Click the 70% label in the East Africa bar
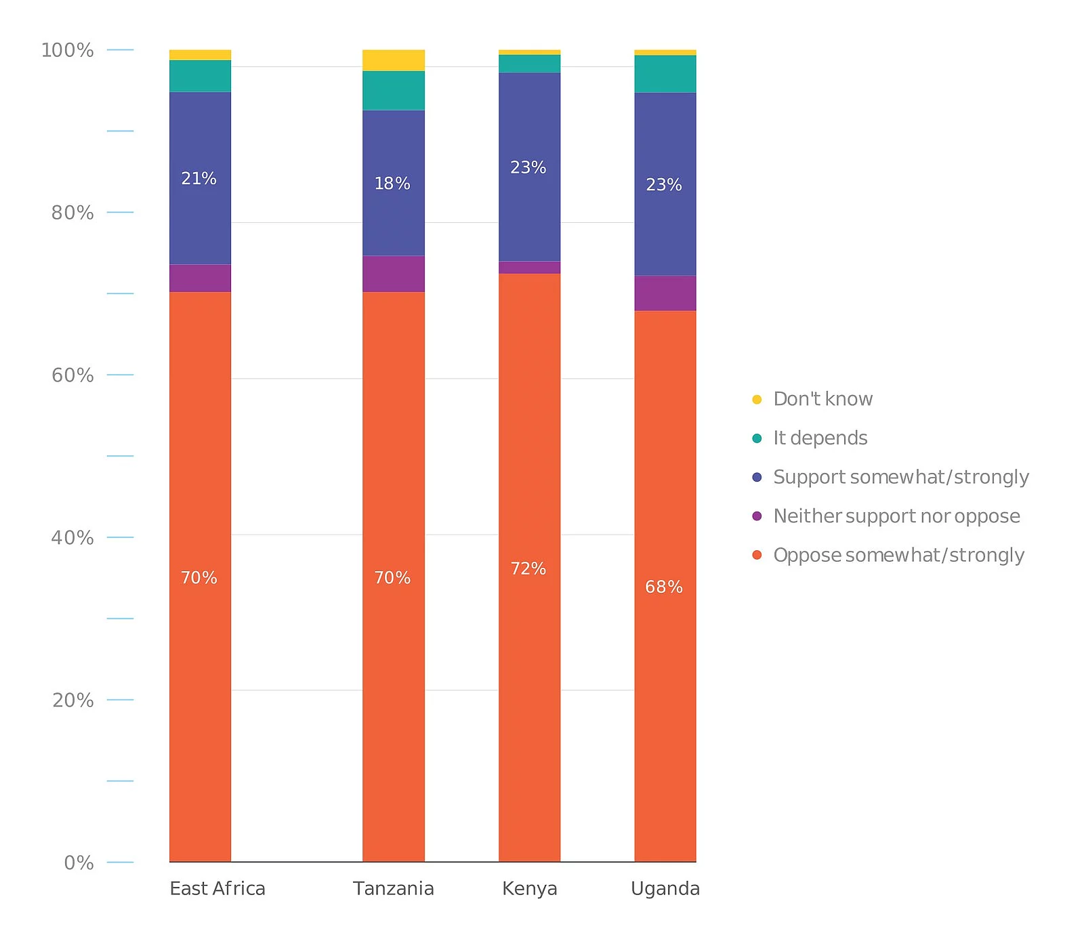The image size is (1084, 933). click(199, 578)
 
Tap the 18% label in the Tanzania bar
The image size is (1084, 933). click(392, 184)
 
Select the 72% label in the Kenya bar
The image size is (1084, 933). click(528, 568)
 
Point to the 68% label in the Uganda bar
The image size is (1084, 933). click(664, 587)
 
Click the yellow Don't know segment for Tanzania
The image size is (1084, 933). click(394, 60)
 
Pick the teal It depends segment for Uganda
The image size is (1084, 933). click(665, 74)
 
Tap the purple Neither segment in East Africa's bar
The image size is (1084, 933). click(200, 278)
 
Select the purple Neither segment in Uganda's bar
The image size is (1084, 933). click(665, 293)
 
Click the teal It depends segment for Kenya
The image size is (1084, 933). click(529, 64)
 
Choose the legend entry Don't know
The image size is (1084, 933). click(822, 399)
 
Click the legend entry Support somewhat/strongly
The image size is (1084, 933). click(900, 477)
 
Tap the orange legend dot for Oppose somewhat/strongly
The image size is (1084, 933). click(757, 555)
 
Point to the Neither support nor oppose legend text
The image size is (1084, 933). click(896, 516)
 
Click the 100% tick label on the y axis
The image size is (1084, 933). click(67, 50)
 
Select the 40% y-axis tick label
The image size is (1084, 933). click(72, 538)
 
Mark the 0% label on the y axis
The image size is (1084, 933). click(79, 863)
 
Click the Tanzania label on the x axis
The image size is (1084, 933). click(394, 888)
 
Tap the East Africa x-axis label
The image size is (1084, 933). click(217, 888)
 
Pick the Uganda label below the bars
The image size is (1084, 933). click(665, 888)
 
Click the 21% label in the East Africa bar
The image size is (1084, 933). click(199, 179)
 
